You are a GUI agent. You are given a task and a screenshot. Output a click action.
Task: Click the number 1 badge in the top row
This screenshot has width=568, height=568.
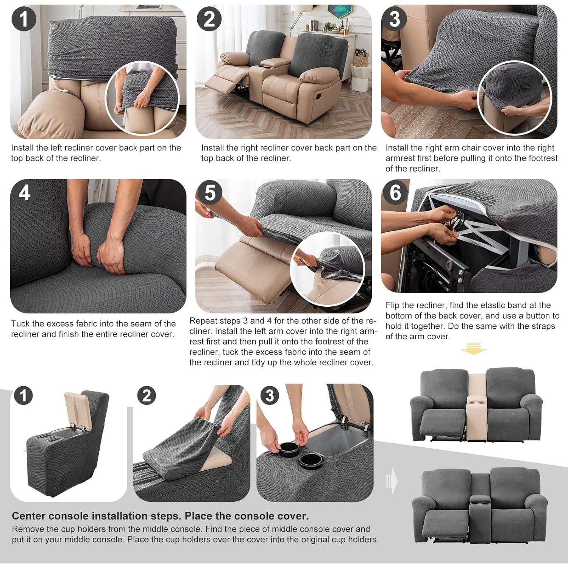pyautogui.click(x=24, y=19)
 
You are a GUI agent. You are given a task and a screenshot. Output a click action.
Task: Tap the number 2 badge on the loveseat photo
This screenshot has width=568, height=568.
pyautogui.click(x=209, y=19)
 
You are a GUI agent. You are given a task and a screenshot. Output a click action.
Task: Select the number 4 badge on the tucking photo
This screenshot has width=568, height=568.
pyautogui.click(x=24, y=193)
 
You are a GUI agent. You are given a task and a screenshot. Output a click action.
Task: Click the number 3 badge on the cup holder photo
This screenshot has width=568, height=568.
pyautogui.click(x=270, y=396)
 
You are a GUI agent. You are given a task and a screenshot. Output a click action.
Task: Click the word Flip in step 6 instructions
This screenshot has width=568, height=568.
pyautogui.click(x=392, y=305)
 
